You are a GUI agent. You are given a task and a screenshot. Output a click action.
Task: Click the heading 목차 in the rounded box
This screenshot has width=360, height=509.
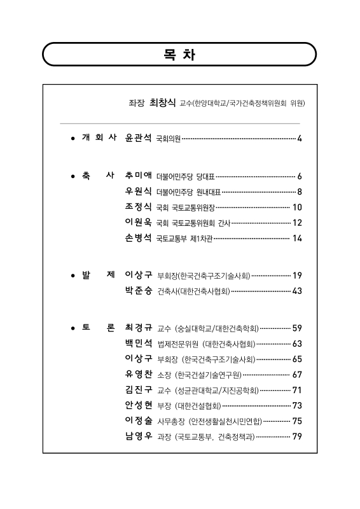[x=179, y=55]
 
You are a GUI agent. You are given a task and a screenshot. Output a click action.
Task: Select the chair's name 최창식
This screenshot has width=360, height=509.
[x=162, y=102]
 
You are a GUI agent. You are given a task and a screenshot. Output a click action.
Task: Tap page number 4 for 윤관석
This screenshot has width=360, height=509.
[x=299, y=138]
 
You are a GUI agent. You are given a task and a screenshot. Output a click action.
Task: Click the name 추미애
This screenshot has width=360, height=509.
[x=139, y=176]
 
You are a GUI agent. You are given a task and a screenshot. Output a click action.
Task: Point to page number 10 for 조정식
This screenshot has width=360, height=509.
[x=297, y=207]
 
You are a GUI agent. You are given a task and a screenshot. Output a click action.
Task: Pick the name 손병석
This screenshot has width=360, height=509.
[x=139, y=238]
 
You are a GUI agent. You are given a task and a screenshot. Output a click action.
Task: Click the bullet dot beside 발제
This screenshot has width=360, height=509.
[x=74, y=275]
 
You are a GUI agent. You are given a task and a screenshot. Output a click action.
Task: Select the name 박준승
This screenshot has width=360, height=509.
[x=139, y=291]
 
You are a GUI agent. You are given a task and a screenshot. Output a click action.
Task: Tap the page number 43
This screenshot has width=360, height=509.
[x=297, y=291]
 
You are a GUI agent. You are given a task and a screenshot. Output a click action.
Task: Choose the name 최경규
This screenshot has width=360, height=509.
[x=139, y=328]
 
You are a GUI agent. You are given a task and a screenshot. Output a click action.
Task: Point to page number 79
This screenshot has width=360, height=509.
[x=297, y=436]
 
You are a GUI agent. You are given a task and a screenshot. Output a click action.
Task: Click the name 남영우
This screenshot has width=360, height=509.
[x=139, y=436]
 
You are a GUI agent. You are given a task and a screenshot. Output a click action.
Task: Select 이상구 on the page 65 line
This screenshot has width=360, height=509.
[x=139, y=359]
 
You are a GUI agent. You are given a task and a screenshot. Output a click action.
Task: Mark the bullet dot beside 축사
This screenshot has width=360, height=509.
[x=74, y=176]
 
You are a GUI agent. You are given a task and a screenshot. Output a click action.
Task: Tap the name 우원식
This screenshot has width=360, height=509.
[x=139, y=191]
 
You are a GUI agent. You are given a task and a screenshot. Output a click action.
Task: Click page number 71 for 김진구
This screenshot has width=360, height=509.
[x=297, y=390]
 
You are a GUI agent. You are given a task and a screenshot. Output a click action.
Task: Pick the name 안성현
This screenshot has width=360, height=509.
[x=139, y=405]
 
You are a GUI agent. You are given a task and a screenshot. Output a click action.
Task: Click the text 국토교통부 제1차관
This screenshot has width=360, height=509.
[x=184, y=239]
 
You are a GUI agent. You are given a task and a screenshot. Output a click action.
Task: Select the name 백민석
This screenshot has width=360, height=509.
[x=139, y=344]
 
